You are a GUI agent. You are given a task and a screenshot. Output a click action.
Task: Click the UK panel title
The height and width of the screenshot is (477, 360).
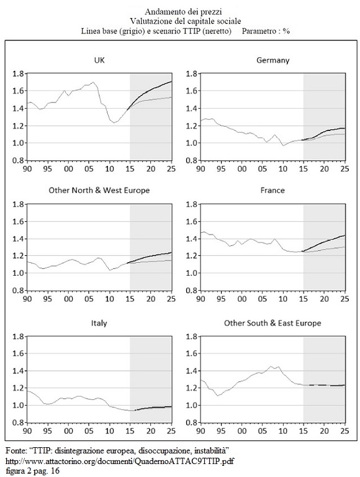click(x=99, y=60)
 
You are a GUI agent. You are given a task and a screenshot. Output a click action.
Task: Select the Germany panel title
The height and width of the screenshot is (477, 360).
click(x=272, y=60)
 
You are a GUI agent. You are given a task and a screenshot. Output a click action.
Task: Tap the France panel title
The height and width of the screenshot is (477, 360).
click(x=272, y=191)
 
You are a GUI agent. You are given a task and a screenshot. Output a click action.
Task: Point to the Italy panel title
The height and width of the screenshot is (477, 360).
click(x=99, y=323)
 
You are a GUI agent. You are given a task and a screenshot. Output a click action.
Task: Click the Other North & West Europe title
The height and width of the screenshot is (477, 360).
click(x=99, y=191)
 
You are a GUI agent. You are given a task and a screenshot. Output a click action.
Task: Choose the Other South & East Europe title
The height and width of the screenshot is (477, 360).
click(x=272, y=323)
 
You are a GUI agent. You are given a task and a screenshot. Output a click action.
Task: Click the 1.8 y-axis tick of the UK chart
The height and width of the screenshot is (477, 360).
click(x=18, y=74)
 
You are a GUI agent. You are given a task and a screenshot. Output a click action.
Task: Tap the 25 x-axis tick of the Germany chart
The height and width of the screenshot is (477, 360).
click(x=345, y=168)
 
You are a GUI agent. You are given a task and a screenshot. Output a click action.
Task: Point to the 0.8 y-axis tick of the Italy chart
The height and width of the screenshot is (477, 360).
click(x=18, y=422)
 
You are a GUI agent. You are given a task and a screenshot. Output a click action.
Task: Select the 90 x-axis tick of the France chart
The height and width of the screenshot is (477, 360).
click(x=200, y=299)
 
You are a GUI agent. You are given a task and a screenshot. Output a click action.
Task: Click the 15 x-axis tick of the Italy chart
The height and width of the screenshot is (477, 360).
click(x=130, y=431)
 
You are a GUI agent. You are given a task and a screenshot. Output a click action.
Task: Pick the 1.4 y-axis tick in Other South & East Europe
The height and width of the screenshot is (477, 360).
click(x=192, y=371)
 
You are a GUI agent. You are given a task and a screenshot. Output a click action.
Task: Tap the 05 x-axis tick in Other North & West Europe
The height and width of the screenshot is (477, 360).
click(x=89, y=299)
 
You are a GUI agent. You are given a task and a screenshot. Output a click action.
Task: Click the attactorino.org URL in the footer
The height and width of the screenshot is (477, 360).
click(x=120, y=461)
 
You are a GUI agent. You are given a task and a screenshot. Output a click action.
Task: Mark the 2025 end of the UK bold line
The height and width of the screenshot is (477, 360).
click(x=172, y=81)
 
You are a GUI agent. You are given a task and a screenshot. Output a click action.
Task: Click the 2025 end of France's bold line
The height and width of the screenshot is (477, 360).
click(x=345, y=235)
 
